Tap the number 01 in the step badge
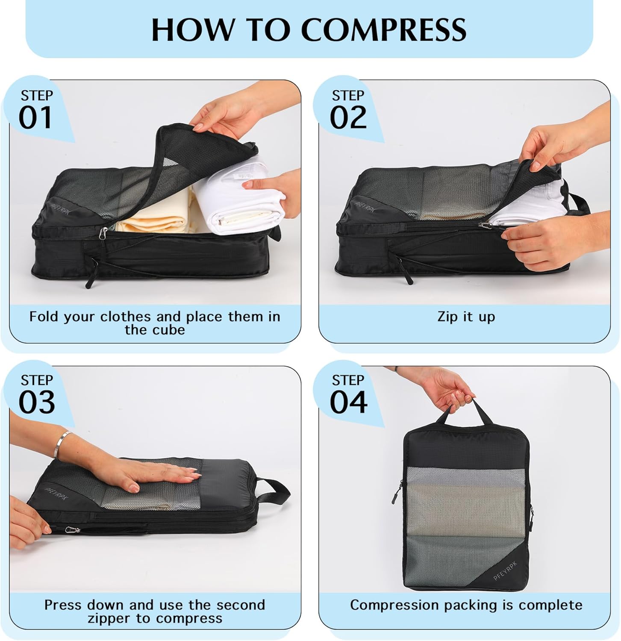point(35,118)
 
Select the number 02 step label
point(348,118)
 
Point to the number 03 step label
point(37,403)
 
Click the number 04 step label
point(348,403)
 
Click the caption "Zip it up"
point(466,317)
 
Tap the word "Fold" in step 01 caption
point(45,317)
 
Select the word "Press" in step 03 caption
point(64,605)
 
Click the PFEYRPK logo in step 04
point(505,571)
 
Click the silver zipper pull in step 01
point(103,233)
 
